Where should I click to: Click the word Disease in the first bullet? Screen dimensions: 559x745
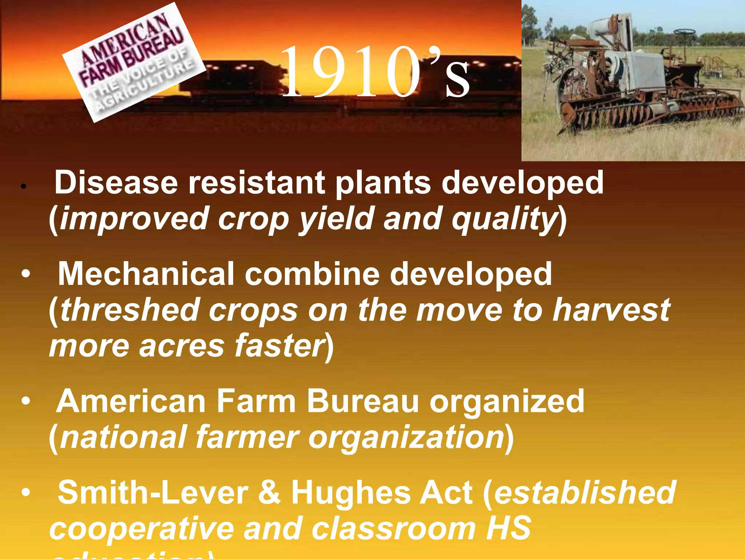tap(116, 183)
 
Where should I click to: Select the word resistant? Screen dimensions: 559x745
tap(256, 183)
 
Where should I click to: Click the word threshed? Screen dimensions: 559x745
tap(130, 310)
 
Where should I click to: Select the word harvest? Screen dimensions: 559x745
tap(611, 310)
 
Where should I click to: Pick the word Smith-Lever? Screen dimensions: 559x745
tap(153, 493)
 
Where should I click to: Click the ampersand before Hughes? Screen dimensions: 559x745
tap(269, 493)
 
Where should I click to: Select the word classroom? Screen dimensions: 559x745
tap(393, 528)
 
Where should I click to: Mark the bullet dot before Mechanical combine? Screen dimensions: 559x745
tap(25, 274)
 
